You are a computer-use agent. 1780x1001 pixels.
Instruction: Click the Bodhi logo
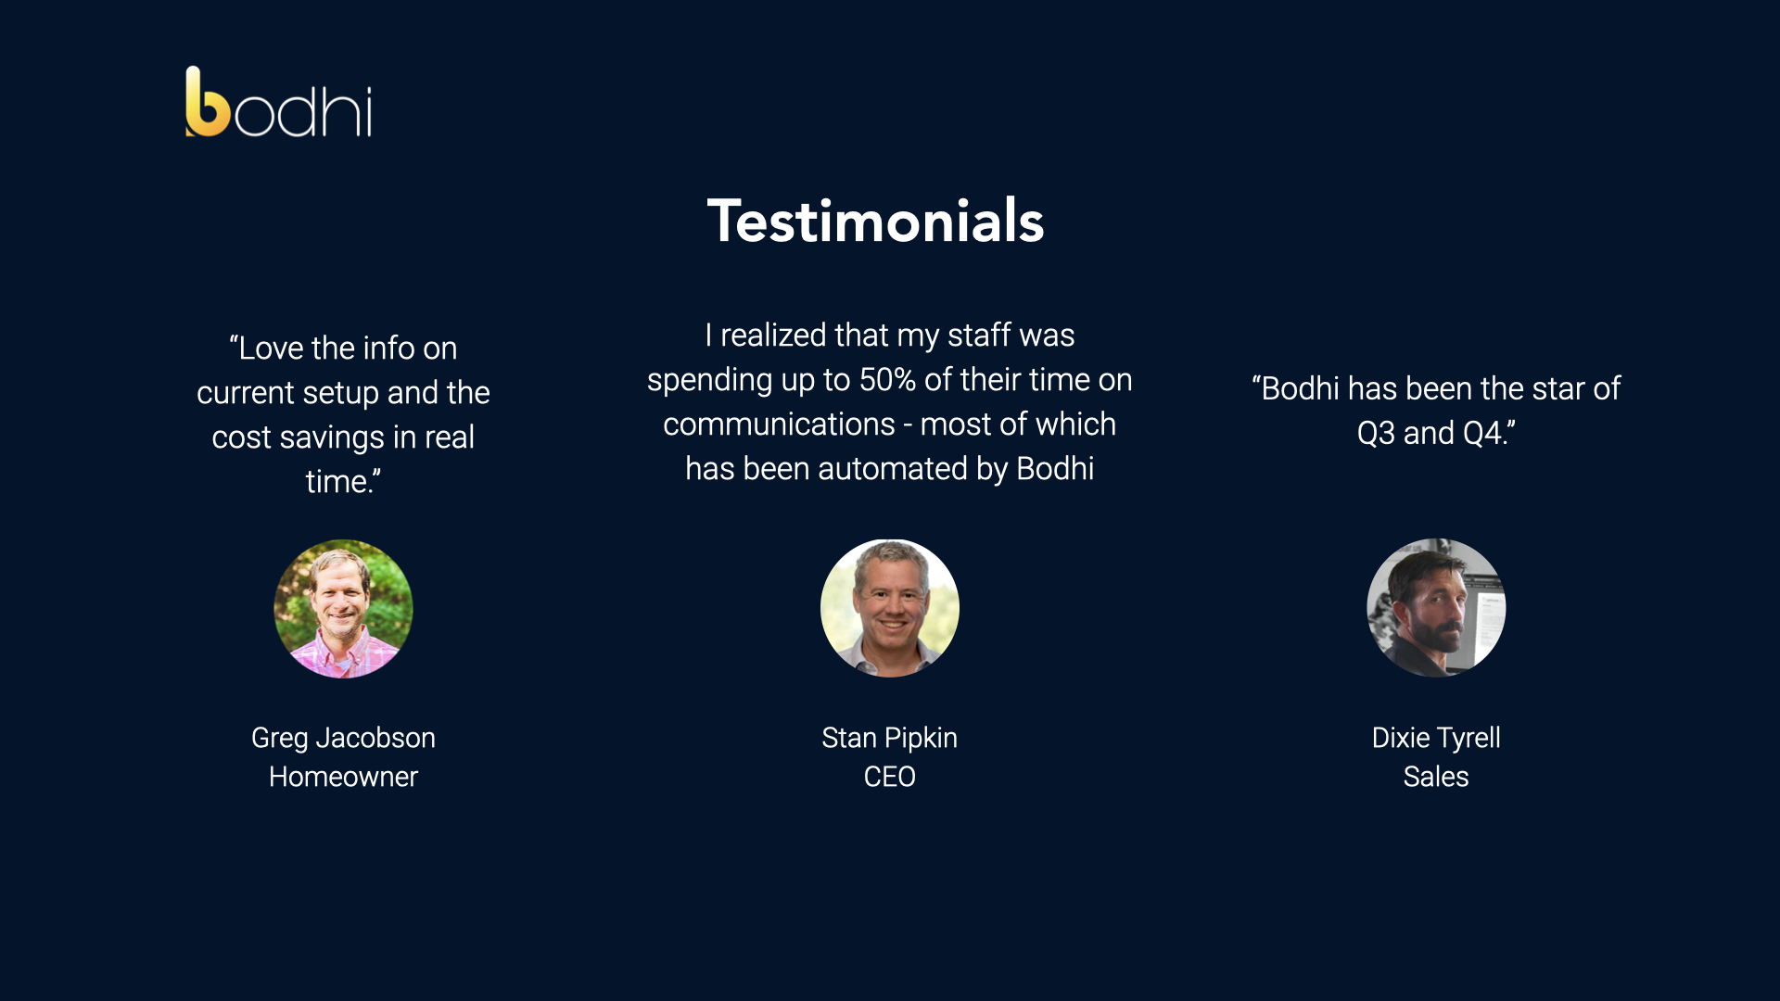[x=279, y=102]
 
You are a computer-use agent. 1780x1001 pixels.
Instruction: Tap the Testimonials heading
[x=876, y=221]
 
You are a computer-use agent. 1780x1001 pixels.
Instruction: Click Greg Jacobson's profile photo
[x=343, y=609]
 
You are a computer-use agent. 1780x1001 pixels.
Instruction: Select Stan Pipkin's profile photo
[x=890, y=608]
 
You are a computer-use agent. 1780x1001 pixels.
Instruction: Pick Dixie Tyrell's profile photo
[x=1436, y=608]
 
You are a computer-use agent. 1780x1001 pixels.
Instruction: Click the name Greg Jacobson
[x=343, y=738]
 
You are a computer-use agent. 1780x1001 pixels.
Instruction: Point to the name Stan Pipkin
[x=890, y=738]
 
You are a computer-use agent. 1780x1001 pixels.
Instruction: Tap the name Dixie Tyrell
[x=1436, y=738]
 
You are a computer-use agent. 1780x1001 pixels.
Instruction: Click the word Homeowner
[x=343, y=777]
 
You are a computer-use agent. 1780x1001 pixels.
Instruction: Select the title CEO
[x=890, y=777]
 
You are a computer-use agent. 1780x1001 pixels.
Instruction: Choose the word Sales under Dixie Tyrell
[x=1436, y=777]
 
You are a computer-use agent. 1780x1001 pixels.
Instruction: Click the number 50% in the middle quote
[x=887, y=380]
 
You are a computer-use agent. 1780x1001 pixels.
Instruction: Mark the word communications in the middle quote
[x=779, y=424]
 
